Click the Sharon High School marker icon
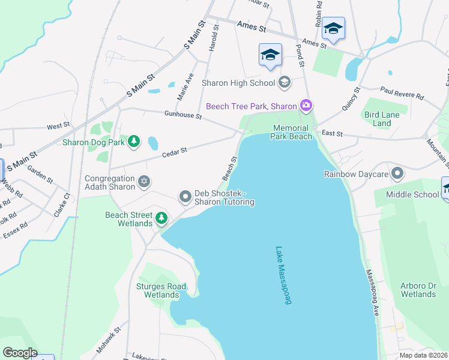(285, 83)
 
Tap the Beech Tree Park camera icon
(307, 106)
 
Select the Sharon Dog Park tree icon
(135, 142)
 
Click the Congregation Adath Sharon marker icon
(143, 181)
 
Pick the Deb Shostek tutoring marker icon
(185, 196)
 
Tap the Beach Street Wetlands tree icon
(161, 218)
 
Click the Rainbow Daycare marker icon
(397, 175)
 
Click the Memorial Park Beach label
(292, 132)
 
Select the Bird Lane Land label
(378, 119)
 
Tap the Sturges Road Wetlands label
(161, 290)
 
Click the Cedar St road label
(175, 152)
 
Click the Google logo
(20, 353)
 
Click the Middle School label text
(413, 194)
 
